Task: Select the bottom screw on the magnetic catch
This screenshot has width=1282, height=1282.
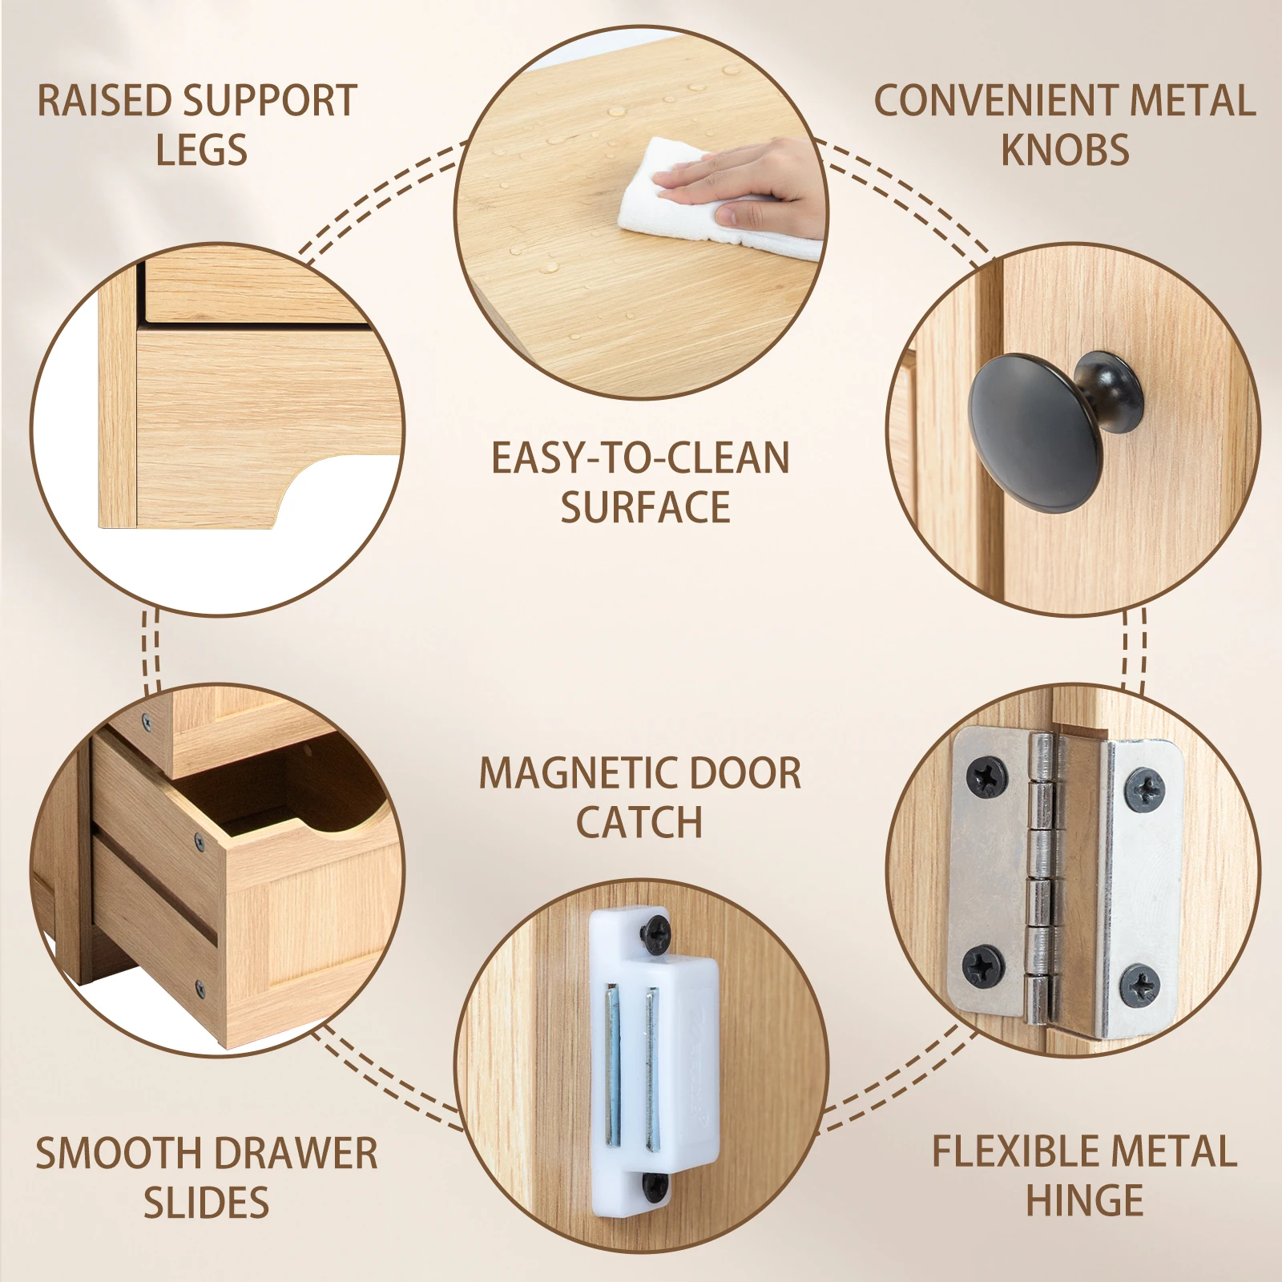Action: [x=655, y=1184]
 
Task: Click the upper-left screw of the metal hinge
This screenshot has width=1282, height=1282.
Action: [x=986, y=776]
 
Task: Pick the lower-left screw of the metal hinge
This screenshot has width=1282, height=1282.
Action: [x=982, y=965]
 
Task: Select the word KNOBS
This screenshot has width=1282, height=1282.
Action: [x=1065, y=151]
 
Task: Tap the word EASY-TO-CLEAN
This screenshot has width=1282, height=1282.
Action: [x=640, y=458]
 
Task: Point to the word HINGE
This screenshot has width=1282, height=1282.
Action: [x=1084, y=1200]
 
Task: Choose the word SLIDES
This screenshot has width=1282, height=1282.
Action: [x=206, y=1203]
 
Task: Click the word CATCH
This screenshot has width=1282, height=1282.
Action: [x=639, y=823]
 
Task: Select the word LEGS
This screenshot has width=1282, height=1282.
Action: [x=201, y=151]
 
